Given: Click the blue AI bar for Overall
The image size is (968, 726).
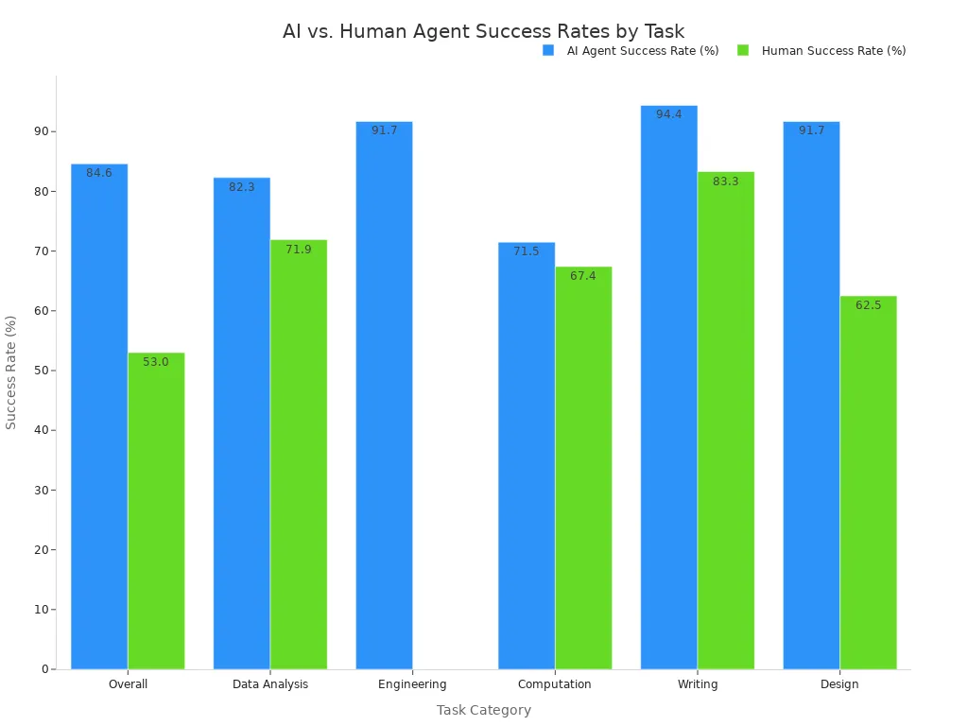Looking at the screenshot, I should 99,416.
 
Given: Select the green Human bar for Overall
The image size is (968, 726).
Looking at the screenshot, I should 156,510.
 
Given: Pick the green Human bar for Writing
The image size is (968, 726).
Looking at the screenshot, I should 726,421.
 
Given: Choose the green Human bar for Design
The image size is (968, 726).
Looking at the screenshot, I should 868,482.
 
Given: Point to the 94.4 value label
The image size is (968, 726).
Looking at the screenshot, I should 668,114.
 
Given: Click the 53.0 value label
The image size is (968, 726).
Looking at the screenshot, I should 156,362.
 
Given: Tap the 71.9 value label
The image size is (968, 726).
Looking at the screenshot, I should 299,250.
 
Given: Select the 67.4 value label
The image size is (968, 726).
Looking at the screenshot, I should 583,276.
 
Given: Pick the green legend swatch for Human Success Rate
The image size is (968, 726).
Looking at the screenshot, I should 743,50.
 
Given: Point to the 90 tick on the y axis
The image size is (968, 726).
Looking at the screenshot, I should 42,131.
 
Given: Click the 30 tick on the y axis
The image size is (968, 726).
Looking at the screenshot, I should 42,490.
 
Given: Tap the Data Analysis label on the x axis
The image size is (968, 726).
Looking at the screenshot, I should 270,684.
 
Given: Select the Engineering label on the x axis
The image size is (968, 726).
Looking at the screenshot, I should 412,684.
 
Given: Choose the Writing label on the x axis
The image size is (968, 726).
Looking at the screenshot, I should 698,684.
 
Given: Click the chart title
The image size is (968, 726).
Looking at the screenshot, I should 483,31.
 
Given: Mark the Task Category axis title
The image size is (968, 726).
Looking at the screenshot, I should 483,710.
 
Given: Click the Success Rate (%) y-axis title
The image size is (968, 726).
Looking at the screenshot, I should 11,372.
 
